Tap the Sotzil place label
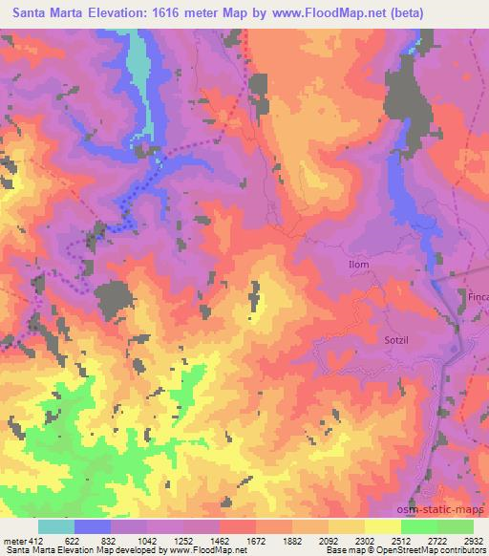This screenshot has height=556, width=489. (x=389, y=339)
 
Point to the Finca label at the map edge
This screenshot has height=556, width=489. (x=478, y=297)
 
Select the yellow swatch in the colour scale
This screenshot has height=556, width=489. (x=382, y=526)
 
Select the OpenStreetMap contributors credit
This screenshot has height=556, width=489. (x=435, y=550)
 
